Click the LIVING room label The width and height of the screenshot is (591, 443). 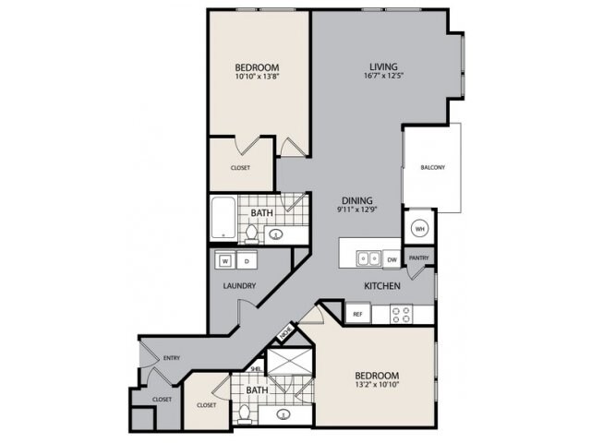pyautogui.click(x=383, y=66)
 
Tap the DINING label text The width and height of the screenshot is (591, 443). pyautogui.click(x=356, y=199)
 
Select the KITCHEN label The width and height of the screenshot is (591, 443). pyautogui.click(x=381, y=286)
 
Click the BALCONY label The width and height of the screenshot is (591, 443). pyautogui.click(x=432, y=167)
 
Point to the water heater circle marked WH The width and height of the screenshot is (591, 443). pyautogui.click(x=418, y=227)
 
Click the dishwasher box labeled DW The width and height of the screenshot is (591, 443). pyautogui.click(x=392, y=258)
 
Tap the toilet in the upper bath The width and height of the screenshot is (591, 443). pyautogui.click(x=251, y=233)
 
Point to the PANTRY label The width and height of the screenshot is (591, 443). pyautogui.click(x=418, y=259)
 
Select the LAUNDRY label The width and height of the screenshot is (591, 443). pyautogui.click(x=239, y=286)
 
